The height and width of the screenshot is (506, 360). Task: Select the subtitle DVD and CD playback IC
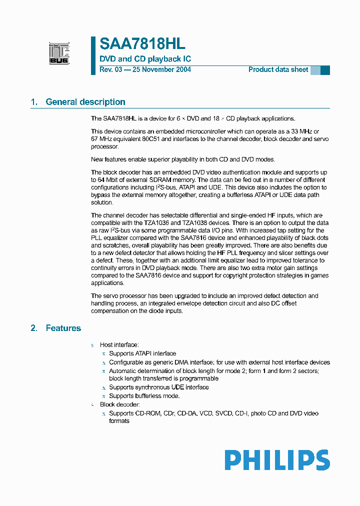tap(145, 59)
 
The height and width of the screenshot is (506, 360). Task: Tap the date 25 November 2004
tap(161, 69)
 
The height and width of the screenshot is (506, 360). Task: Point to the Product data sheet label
tap(278, 69)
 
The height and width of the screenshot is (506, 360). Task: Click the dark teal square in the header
tap(325, 70)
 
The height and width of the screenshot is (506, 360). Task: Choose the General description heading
tap(85, 102)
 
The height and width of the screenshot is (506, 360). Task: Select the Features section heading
tap(63, 328)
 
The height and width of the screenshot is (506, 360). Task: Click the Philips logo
tap(276, 460)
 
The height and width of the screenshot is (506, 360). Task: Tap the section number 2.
tap(33, 328)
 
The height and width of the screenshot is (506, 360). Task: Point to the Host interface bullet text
tap(119, 345)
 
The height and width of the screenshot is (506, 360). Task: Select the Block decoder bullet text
tap(120, 404)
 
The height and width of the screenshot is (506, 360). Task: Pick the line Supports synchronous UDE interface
tap(158, 387)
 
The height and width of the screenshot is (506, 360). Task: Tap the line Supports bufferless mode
tap(144, 395)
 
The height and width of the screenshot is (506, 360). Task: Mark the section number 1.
tap(33, 102)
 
